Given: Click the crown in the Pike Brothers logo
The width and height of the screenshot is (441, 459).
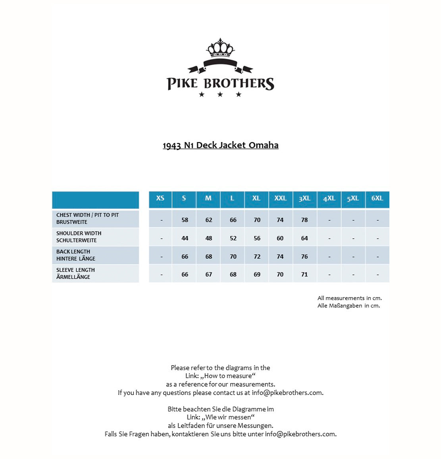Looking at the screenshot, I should (220, 48).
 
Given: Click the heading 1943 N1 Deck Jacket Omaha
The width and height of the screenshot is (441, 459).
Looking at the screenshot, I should (220, 145).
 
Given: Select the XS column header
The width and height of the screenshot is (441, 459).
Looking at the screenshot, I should (160, 198).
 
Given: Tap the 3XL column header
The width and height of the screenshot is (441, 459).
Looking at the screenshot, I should (304, 198).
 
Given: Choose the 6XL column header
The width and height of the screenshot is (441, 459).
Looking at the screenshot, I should (377, 198).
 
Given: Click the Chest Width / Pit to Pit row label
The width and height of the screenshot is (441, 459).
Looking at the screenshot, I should (87, 218).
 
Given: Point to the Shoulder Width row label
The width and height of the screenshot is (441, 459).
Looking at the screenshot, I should (79, 237).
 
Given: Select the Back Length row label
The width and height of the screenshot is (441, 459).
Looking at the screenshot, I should (75, 255).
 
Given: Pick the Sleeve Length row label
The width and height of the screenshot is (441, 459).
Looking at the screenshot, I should (75, 273).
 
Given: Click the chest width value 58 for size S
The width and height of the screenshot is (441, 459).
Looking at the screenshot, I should (185, 220).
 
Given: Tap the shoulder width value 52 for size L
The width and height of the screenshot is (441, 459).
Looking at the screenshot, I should (233, 238).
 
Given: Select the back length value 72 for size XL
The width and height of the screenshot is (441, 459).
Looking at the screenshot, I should (257, 257).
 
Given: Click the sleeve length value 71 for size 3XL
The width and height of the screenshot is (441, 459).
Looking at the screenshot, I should (304, 274).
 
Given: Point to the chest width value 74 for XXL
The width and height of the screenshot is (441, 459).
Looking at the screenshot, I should (280, 220).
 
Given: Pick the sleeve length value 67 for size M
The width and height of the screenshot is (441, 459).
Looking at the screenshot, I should (209, 274).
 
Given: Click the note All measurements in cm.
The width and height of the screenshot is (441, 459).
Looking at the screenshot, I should (349, 298).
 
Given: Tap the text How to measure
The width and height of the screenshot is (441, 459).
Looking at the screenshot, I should (228, 376).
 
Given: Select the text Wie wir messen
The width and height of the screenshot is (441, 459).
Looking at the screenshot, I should (228, 417).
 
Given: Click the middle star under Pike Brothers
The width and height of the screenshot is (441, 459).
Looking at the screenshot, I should (220, 94).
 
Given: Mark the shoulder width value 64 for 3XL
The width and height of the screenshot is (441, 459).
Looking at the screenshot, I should (304, 238).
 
